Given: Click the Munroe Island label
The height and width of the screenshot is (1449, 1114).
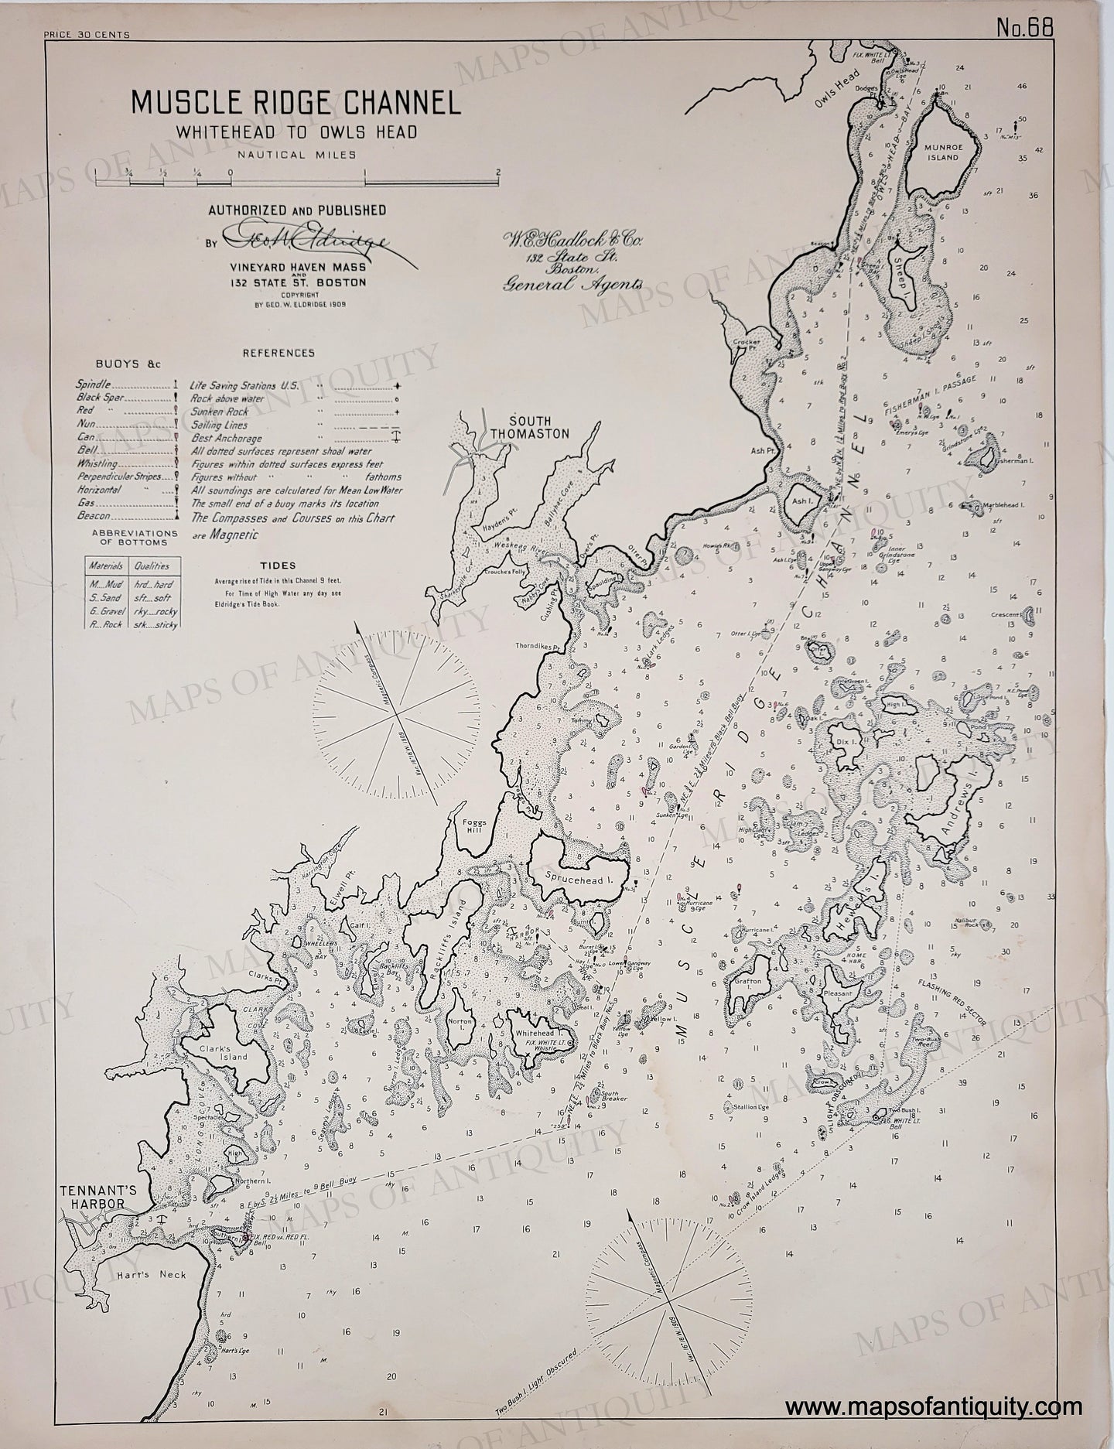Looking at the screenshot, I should [942, 151].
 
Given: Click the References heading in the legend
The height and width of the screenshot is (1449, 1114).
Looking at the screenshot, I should [278, 353].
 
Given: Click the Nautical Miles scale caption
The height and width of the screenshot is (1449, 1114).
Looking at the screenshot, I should [297, 154].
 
